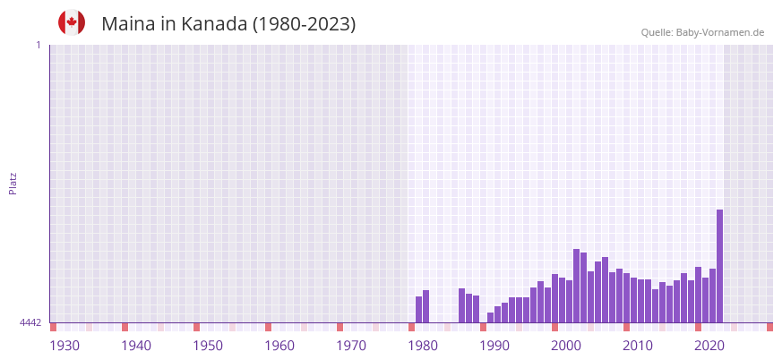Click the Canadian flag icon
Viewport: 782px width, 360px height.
pyautogui.click(x=72, y=22)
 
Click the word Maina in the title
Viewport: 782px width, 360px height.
pyautogui.click(x=130, y=24)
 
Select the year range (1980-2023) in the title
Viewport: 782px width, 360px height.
pyautogui.click(x=304, y=24)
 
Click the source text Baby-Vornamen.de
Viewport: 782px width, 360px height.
pyautogui.click(x=719, y=32)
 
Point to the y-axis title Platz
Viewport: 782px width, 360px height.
pyautogui.click(x=13, y=183)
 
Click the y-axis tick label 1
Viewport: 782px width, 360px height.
pyautogui.click(x=38, y=45)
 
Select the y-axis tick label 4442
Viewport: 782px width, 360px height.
pyautogui.click(x=30, y=322)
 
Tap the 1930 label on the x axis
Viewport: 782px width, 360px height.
pyautogui.click(x=64, y=346)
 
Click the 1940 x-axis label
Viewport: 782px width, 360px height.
pyautogui.click(x=136, y=346)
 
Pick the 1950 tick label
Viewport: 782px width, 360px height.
pyautogui.click(x=208, y=346)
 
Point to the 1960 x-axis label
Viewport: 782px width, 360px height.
pyautogui.click(x=279, y=346)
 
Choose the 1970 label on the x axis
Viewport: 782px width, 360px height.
pyautogui.click(x=351, y=346)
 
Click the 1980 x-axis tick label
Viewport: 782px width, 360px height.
pyautogui.click(x=423, y=346)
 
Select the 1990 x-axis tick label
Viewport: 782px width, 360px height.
pyautogui.click(x=494, y=346)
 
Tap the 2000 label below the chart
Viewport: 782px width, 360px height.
pyautogui.click(x=566, y=346)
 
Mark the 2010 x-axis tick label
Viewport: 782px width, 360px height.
pyautogui.click(x=638, y=346)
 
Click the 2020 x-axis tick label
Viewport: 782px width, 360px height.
pyautogui.click(x=709, y=346)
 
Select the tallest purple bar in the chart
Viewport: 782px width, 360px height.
pyautogui.click(x=719, y=266)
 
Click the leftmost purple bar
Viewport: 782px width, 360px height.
pyautogui.click(x=418, y=309)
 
